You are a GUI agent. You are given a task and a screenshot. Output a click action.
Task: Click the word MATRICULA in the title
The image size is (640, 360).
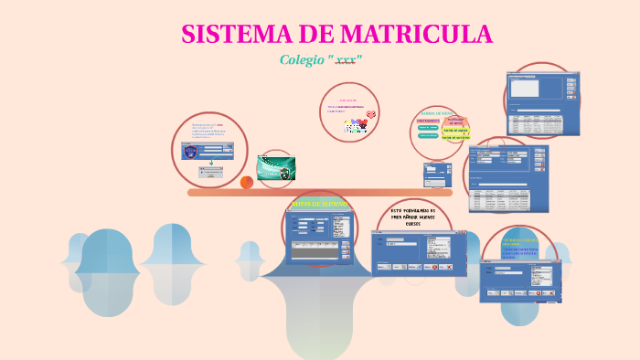click(x=416, y=34)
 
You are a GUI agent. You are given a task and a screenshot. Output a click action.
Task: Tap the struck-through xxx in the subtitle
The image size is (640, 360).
click(x=346, y=60)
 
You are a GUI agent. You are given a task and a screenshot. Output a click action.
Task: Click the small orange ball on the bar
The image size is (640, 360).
click(x=247, y=183)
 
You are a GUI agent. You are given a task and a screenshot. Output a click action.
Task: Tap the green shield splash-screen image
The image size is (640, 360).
click(x=275, y=168)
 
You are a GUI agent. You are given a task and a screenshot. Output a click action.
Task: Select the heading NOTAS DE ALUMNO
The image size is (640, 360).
click(x=319, y=204)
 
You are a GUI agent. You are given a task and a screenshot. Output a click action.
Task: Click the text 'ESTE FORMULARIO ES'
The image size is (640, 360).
click(x=413, y=211)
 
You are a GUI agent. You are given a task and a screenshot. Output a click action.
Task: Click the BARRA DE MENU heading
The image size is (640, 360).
click(x=437, y=112)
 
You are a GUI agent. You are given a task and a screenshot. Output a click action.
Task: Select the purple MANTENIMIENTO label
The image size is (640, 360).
click(x=428, y=120)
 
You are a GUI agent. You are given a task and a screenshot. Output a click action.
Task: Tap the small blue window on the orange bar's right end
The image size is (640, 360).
click(x=437, y=173)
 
